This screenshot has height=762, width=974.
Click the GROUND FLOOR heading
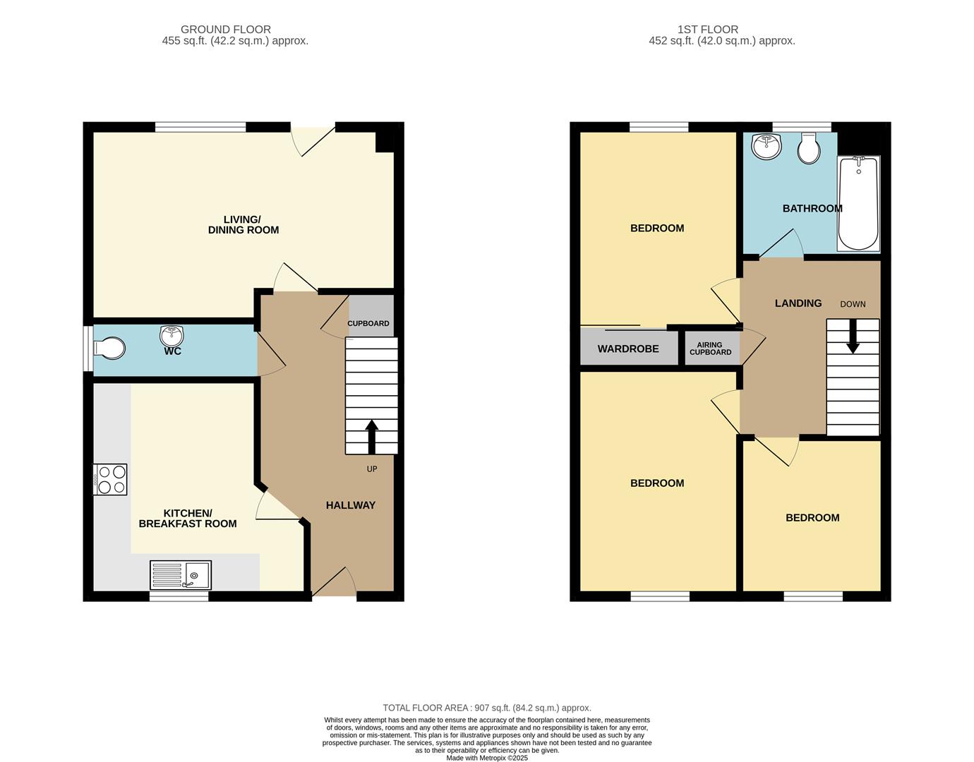(x=225, y=30)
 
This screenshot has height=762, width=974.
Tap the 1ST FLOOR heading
(x=708, y=30)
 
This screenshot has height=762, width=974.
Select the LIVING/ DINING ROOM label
(x=243, y=225)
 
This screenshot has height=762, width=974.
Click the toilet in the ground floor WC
(x=109, y=348)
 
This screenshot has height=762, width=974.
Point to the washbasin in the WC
(x=172, y=336)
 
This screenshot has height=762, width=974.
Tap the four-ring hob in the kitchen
(x=110, y=479)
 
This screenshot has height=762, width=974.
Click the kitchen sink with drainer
(x=181, y=575)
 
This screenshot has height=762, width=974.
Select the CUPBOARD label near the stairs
(x=368, y=323)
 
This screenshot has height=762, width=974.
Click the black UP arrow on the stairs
(x=371, y=437)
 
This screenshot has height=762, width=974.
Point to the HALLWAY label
(x=351, y=505)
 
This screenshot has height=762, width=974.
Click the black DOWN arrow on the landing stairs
(x=853, y=336)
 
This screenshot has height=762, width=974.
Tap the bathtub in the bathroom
(x=859, y=204)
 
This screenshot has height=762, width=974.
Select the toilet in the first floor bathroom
(x=809, y=148)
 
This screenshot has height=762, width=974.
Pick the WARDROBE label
(x=628, y=349)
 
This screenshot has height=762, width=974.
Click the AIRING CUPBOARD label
(x=710, y=349)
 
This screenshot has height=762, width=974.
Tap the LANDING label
(x=798, y=303)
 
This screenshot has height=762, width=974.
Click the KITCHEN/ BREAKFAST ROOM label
(x=188, y=519)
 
